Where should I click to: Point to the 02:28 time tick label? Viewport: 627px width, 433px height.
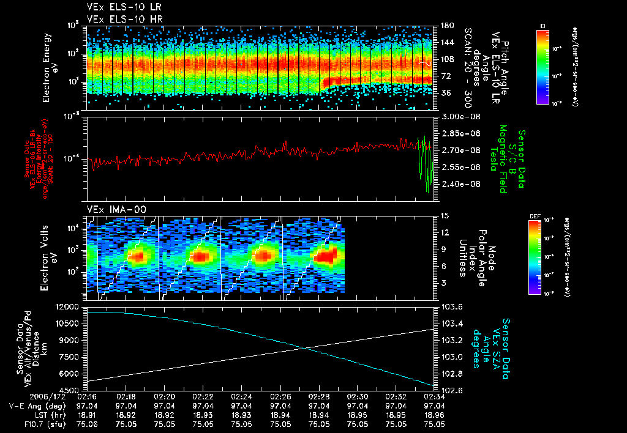tap(319, 396)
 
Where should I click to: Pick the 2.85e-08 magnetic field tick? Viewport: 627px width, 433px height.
tap(456, 133)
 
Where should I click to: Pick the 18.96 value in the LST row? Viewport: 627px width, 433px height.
tap(434, 414)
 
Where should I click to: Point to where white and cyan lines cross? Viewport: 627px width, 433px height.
tap(304, 349)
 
